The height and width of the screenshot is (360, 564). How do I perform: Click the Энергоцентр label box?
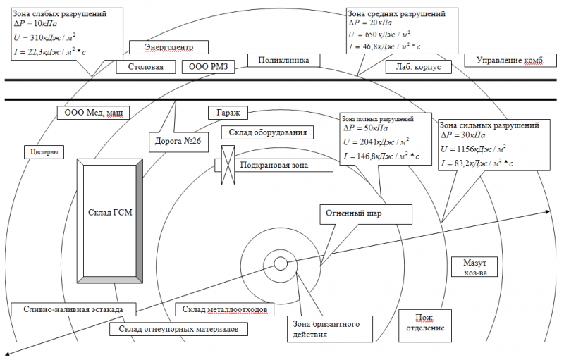[168, 47]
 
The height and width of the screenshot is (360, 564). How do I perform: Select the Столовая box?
[146, 67]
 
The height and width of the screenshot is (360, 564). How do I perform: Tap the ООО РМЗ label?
[208, 67]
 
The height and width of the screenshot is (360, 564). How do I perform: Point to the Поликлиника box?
[283, 61]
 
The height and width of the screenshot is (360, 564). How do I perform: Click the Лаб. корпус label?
[418, 67]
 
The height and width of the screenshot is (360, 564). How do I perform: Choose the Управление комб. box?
[510, 61]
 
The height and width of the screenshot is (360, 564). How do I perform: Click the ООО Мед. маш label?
[94, 113]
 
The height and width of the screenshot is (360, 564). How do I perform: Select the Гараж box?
[228, 113]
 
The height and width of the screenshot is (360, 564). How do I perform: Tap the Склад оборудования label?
[267, 132]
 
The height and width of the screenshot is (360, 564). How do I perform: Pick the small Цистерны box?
[44, 152]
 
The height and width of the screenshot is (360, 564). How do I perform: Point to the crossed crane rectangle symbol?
[228, 166]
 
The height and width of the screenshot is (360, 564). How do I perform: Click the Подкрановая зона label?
[274, 166]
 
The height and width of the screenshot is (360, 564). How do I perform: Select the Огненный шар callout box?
[366, 214]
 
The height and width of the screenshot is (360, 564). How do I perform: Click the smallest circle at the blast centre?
[281, 264]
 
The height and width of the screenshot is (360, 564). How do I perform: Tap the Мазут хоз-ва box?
[474, 267]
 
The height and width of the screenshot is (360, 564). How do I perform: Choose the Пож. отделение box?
[425, 326]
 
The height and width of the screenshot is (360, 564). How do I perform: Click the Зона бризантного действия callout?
[330, 329]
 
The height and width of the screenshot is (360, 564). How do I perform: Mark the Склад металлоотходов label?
[224, 309]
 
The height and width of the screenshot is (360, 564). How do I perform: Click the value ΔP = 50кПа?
[366, 128]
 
